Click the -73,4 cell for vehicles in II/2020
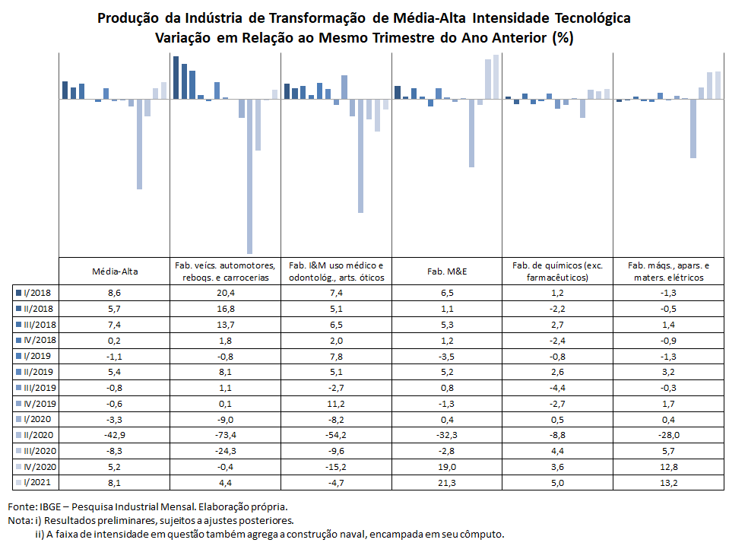pos(226,435)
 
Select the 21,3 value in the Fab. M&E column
pos(447,483)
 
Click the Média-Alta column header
pos(115,271)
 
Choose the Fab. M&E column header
pos(447,271)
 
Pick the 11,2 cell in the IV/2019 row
pos(336,404)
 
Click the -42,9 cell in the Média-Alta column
pos(114,435)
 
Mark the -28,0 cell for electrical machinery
pos(668,435)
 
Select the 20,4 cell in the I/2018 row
pos(226,293)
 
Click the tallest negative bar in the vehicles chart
pos(249,176)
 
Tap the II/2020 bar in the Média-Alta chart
pos(139,144)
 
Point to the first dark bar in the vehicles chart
pos(176,78)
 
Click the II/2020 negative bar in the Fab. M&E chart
pos(472,133)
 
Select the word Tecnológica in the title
pos(593,18)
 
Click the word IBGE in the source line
pos(49,506)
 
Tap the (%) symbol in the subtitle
pos(563,38)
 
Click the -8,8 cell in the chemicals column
pos(557,435)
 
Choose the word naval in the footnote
pos(355,535)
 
